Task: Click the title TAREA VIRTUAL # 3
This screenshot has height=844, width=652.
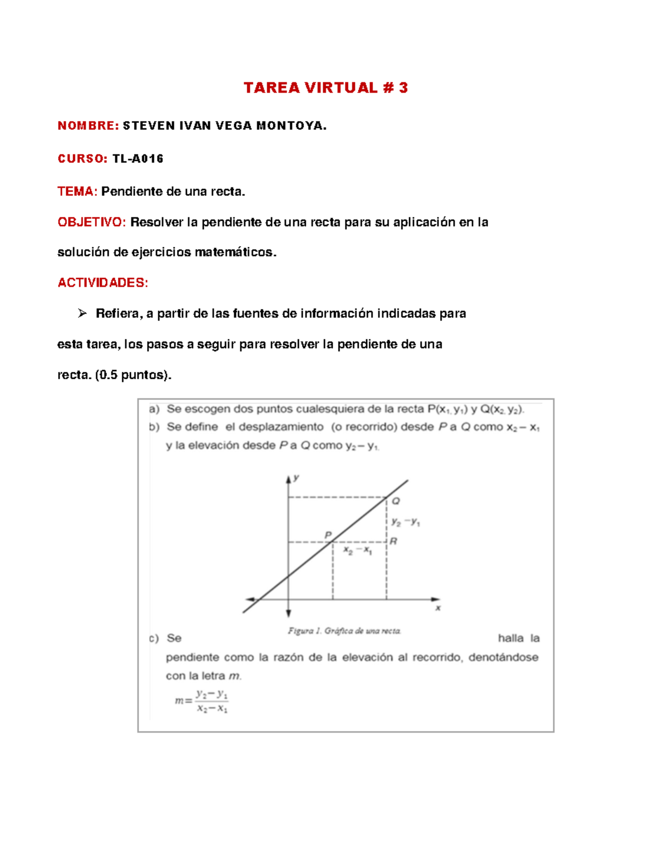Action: pos(325,88)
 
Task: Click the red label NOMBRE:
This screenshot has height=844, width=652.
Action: pos(88,126)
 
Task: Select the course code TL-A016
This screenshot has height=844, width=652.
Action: pos(138,159)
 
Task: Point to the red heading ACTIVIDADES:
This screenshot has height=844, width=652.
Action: pos(103,283)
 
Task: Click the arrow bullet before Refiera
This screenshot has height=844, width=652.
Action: pos(82,313)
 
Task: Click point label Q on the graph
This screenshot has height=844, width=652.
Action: pos(396,501)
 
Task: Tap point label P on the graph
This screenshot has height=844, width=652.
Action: pos(328,535)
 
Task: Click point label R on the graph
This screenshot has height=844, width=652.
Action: pos(393,541)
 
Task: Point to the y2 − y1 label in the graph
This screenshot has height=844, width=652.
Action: pos(405,522)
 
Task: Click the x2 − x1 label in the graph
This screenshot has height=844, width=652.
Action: pos(358,551)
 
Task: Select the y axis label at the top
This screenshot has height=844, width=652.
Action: pos(297,478)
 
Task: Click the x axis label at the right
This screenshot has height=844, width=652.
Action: pos(438,608)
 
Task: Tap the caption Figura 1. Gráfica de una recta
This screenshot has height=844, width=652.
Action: pos(344,631)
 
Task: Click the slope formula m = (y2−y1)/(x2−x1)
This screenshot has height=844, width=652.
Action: pos(202,701)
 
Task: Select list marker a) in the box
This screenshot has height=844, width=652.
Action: pos(154,409)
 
